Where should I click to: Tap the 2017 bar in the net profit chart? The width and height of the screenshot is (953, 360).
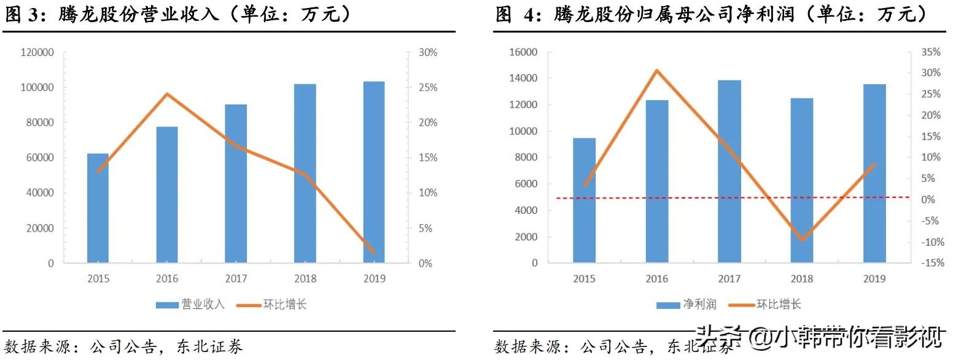729,171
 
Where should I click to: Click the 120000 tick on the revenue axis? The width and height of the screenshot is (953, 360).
37,53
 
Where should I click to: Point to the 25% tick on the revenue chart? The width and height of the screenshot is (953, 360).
428,88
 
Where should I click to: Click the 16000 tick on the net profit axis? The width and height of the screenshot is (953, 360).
523,53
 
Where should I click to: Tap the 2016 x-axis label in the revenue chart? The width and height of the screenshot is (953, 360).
167,279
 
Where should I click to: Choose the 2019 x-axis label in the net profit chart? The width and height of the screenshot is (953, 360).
874,279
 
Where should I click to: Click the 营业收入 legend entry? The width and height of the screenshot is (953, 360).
191,305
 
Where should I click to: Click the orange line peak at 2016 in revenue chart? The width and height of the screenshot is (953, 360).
167,94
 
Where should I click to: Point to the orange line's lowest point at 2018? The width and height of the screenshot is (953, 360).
802,240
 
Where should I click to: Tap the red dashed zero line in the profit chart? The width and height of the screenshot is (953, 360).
675,198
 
